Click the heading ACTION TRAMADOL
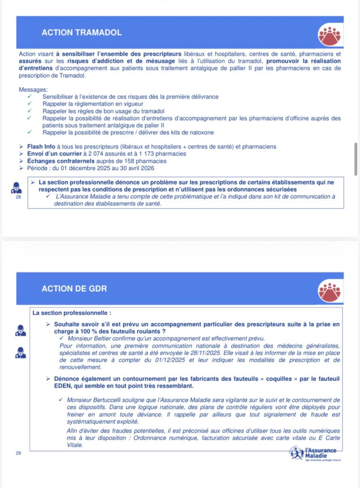point(81,33)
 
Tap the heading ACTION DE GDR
point(74,289)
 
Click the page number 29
point(19,453)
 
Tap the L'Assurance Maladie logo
point(315,453)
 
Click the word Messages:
point(33,90)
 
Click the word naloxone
point(200,132)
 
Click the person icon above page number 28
point(17,187)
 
